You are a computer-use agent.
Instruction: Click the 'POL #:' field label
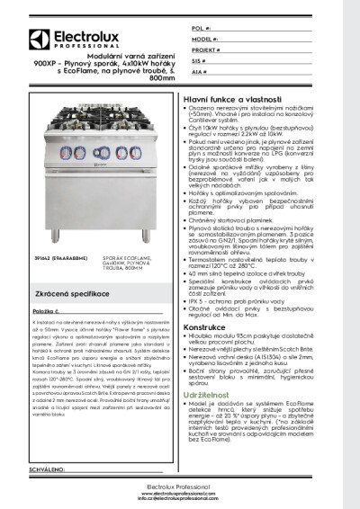click(x=202, y=30)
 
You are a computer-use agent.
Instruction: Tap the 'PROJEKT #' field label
click(x=206, y=53)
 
